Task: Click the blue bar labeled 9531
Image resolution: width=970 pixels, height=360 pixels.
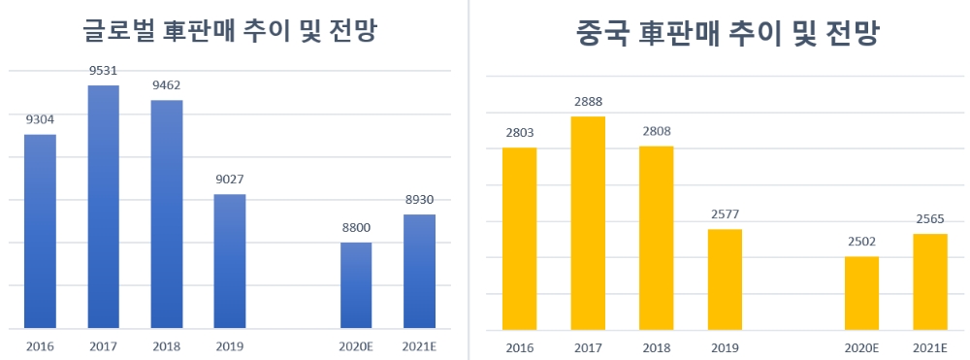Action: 103,207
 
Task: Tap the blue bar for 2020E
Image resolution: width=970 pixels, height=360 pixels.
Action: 356,285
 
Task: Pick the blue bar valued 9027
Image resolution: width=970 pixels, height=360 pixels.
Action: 230,261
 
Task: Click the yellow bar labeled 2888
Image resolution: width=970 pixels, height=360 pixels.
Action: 588,223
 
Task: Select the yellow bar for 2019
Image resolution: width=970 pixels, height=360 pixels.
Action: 725,279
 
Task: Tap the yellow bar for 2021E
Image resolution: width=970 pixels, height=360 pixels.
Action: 930,281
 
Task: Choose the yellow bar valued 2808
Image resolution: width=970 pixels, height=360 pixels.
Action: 656,238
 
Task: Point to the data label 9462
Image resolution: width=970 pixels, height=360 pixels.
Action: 167,84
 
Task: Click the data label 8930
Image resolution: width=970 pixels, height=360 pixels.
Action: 419,199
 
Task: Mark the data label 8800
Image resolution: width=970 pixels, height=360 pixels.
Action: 356,227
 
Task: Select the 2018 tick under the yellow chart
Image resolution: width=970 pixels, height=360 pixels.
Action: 656,346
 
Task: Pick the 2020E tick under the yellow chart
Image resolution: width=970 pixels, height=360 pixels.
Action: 861,346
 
